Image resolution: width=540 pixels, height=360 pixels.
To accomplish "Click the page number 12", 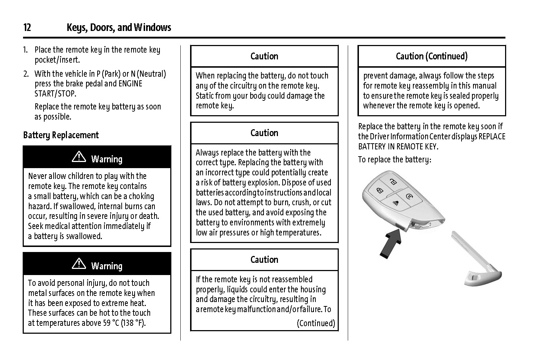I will point(27,27).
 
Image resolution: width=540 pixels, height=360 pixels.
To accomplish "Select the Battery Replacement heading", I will point(60,135).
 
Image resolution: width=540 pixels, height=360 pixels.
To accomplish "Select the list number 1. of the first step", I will point(26,50).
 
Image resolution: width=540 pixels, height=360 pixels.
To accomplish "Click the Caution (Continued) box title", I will point(431,56).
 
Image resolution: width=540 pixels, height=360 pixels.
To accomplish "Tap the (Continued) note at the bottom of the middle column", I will point(316,323).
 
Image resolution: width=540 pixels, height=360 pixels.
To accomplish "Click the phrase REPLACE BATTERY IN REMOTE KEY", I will point(432,141).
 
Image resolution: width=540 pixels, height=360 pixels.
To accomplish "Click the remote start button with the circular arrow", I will point(409,197).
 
